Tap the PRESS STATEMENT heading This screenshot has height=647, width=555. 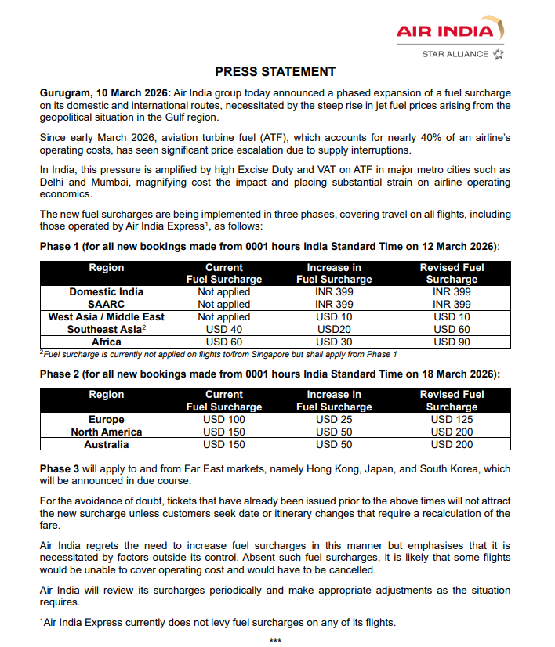[275, 72]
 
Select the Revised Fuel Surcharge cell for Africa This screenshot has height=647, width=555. [452, 342]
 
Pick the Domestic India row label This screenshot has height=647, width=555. [107, 292]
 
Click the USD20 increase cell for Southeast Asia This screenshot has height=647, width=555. [334, 330]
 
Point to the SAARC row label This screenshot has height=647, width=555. [107, 305]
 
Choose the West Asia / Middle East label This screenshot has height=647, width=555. [107, 317]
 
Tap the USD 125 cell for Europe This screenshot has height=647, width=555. [452, 420]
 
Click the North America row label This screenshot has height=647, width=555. [107, 432]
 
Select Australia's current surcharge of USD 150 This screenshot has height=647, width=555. [224, 445]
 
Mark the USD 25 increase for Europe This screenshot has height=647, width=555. [334, 420]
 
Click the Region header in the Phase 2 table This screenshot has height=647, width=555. [107, 395]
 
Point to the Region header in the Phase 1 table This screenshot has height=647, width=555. [107, 268]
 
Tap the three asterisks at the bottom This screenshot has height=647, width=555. [275, 641]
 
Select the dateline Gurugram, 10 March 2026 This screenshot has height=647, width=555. [105, 92]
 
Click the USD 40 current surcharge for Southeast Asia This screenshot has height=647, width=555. [224, 330]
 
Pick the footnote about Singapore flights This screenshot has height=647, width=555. [219, 354]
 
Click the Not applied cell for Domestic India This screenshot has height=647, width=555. [224, 292]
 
